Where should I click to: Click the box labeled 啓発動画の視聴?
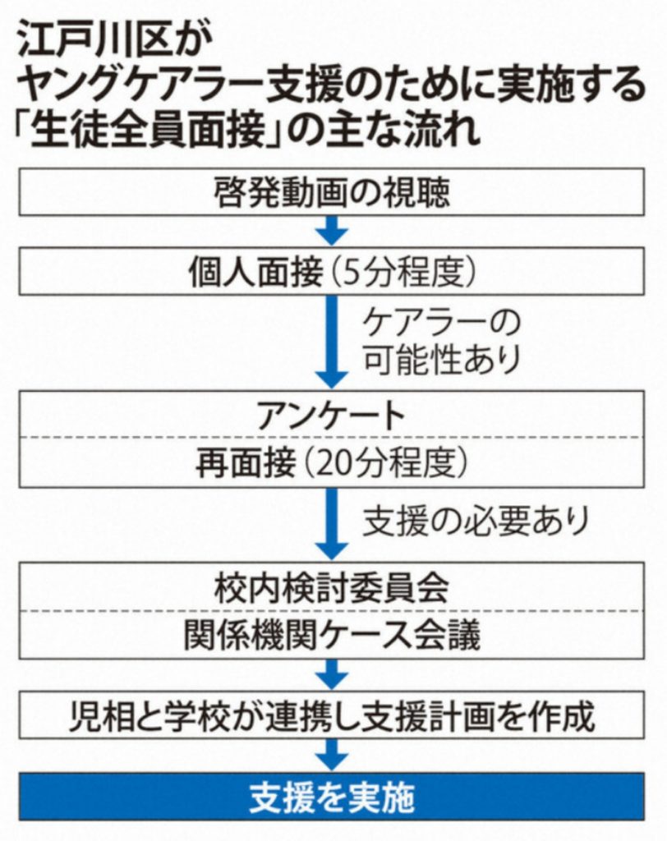point(332,194)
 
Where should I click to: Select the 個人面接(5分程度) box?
point(332,273)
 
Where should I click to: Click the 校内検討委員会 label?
point(332,589)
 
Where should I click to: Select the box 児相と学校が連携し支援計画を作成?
point(332,716)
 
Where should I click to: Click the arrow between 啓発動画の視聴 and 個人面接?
point(332,231)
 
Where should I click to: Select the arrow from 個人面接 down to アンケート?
point(332,341)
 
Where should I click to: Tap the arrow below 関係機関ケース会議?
point(332,675)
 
